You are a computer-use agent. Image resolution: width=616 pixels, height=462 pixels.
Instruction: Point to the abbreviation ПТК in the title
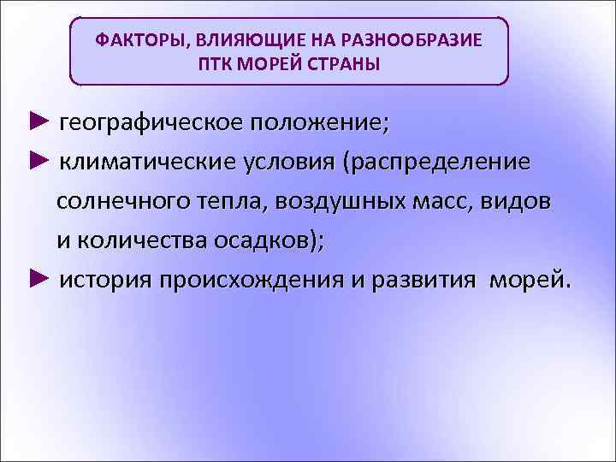212,64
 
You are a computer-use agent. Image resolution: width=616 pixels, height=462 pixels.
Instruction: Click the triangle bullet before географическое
38,122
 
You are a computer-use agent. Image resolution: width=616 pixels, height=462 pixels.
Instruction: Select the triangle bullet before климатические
38,162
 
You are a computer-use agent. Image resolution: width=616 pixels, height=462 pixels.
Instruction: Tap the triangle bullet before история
38,279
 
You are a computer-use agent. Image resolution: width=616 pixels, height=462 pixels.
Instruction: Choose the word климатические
146,163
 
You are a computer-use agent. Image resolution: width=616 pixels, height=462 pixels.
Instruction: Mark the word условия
283,163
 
